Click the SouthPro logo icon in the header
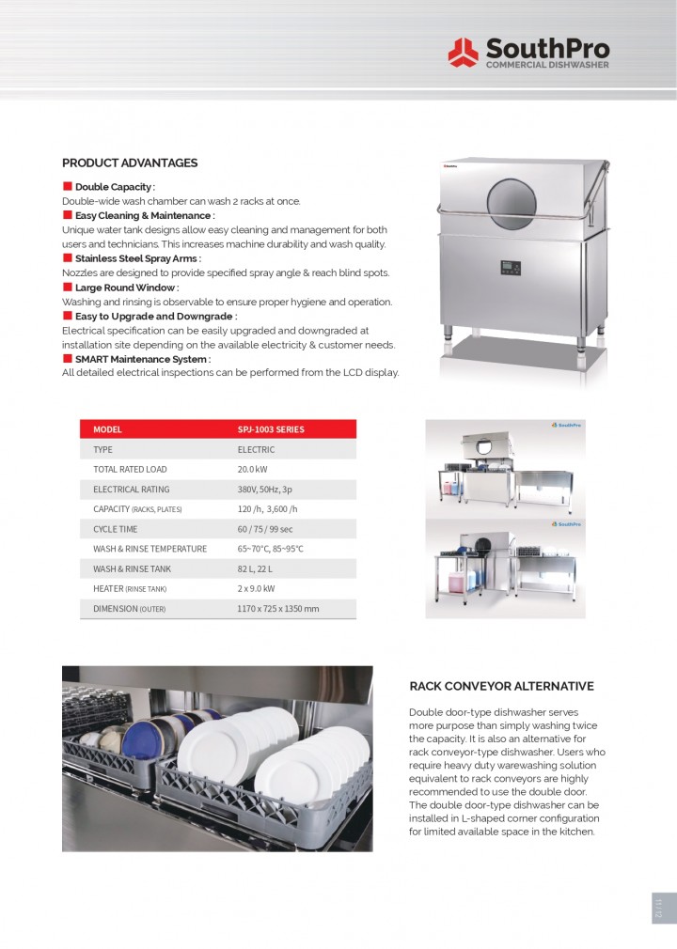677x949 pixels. click(x=463, y=52)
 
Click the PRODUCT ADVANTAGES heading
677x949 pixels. click(x=130, y=163)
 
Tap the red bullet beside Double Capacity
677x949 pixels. click(x=68, y=186)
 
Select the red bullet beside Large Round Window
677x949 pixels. click(x=68, y=287)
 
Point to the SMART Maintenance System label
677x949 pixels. click(x=142, y=359)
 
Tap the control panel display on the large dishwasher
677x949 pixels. click(x=512, y=269)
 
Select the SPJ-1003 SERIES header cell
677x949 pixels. click(x=271, y=429)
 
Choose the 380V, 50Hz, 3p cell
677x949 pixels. click(x=264, y=489)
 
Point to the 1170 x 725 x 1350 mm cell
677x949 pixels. click(x=277, y=609)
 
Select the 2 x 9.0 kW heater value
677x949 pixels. click(x=256, y=588)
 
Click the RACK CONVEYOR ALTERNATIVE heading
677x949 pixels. click(x=501, y=687)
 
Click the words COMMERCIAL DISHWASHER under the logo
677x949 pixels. click(x=546, y=65)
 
